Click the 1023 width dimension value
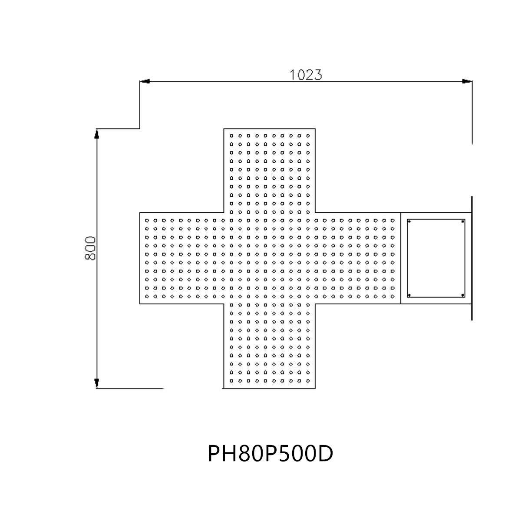click(x=306, y=75)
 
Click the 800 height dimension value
click(x=90, y=248)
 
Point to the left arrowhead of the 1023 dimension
click(x=145, y=81)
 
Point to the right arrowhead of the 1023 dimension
click(x=466, y=81)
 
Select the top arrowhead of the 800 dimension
click(x=96, y=134)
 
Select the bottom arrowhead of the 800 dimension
click(x=96, y=383)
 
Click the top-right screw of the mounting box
click(x=462, y=222)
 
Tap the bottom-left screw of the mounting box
click(x=409, y=295)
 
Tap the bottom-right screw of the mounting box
click(x=462, y=295)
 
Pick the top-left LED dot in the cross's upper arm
click(x=231, y=136)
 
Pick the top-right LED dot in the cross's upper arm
click(x=308, y=136)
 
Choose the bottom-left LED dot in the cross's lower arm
click(x=231, y=381)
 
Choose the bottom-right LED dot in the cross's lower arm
click(x=308, y=381)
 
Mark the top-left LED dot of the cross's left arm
click(x=147, y=221)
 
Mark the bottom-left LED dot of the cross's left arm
click(x=147, y=297)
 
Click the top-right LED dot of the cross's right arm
click(x=392, y=221)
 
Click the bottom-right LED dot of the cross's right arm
click(x=392, y=297)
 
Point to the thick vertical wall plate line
click(x=472, y=258)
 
